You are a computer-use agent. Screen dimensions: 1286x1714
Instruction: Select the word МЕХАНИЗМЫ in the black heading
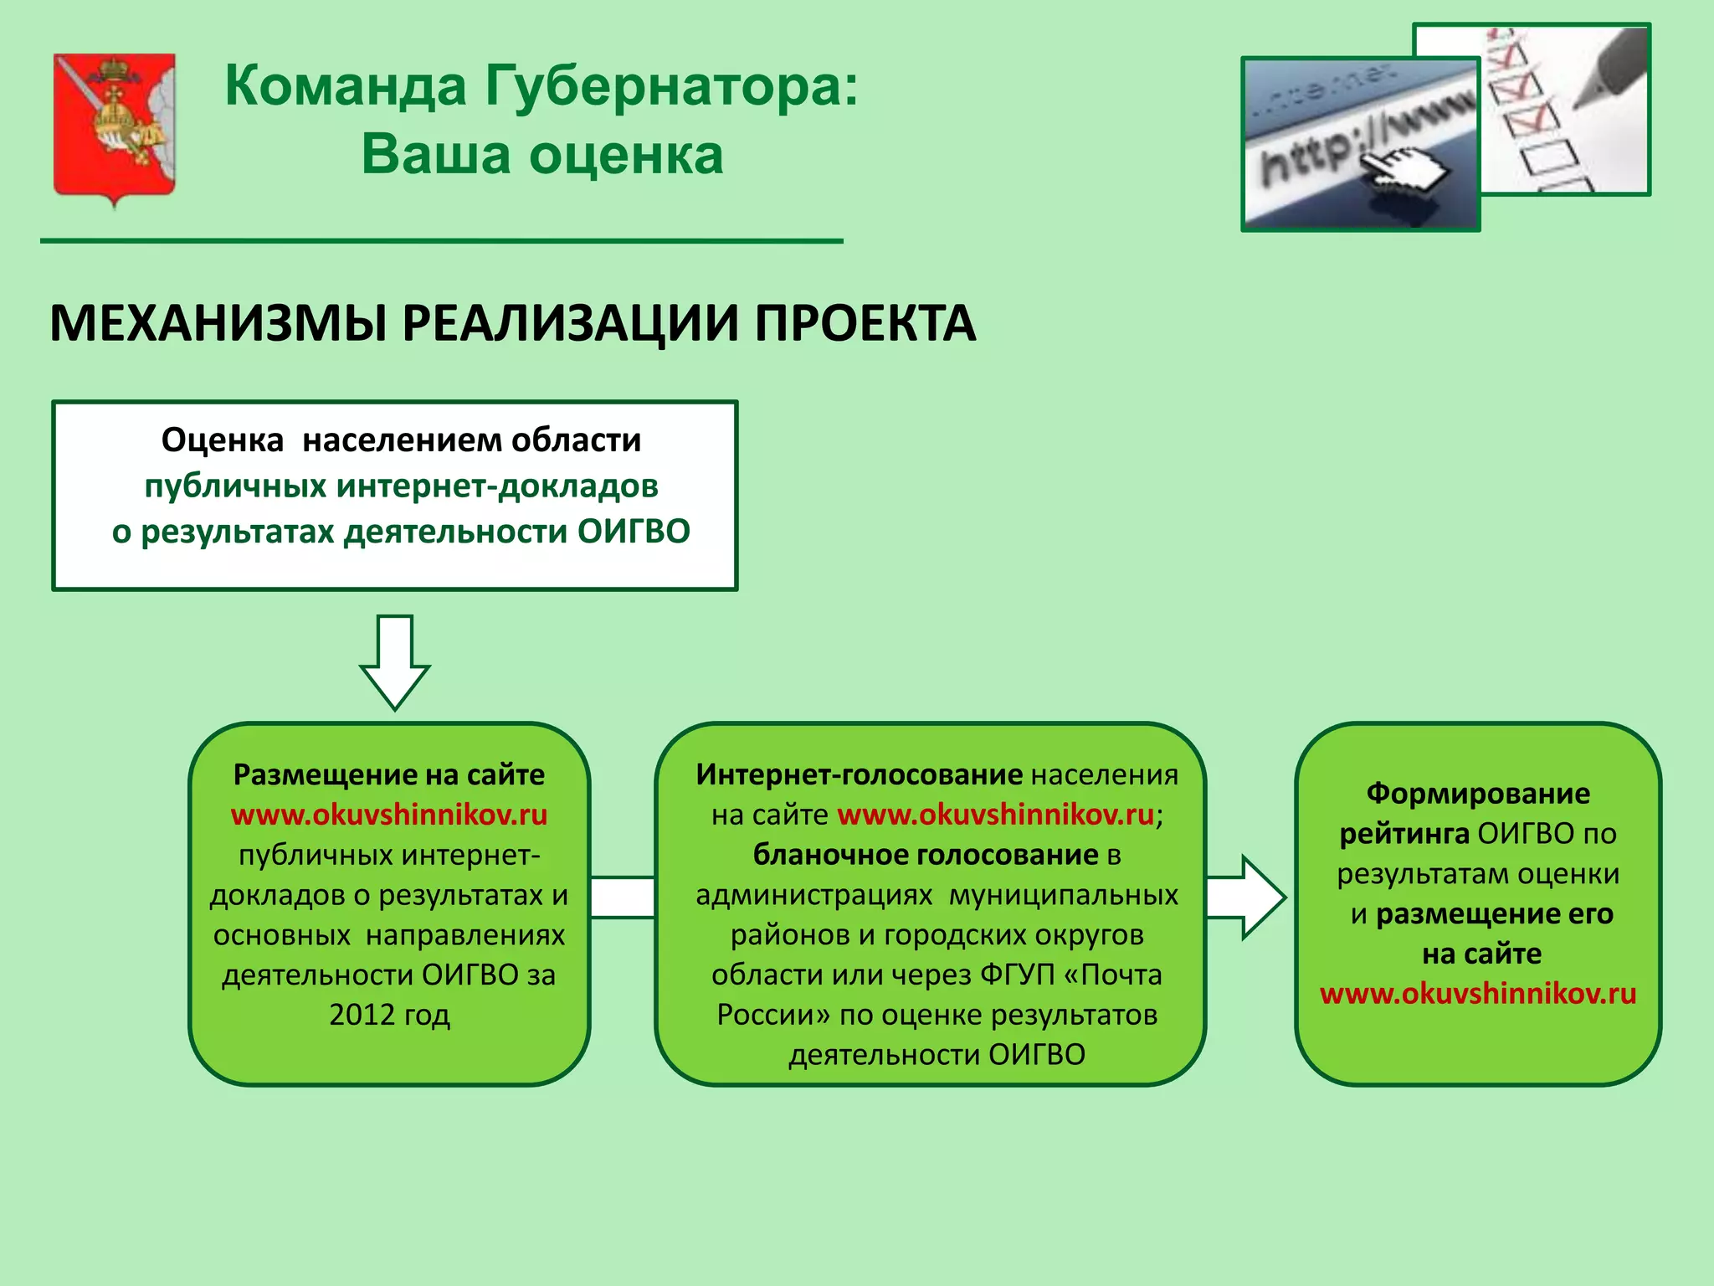pyautogui.click(x=218, y=324)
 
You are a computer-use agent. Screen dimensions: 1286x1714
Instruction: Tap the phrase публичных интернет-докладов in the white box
pyautogui.click(x=401, y=486)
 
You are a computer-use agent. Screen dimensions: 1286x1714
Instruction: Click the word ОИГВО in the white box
pyautogui.click(x=634, y=532)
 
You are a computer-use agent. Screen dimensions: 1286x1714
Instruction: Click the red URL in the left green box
pyautogui.click(x=389, y=815)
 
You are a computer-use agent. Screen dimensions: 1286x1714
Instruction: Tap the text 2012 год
pyautogui.click(x=389, y=1015)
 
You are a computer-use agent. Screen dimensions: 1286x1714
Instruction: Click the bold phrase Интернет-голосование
pyautogui.click(x=859, y=774)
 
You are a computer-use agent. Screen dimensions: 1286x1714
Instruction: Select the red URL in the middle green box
pyautogui.click(x=995, y=815)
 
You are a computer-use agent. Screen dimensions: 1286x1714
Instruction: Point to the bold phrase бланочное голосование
pyautogui.click(x=925, y=855)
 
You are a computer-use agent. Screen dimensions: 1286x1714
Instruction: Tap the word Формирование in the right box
pyautogui.click(x=1478, y=794)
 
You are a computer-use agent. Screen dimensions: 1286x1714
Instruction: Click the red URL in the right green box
pyautogui.click(x=1478, y=994)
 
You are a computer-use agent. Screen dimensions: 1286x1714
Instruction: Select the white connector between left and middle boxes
pyautogui.click(x=623, y=897)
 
